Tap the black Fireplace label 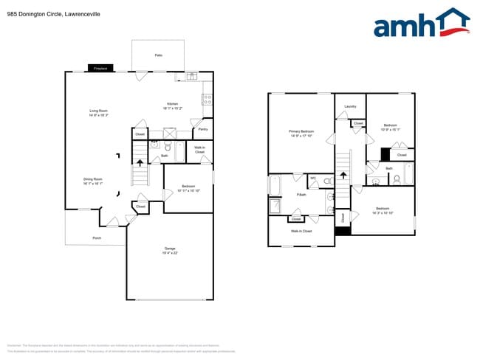100,69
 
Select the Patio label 158,55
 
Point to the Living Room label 98,113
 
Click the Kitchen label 172,105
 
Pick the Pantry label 202,129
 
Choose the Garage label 170,250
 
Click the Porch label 97,238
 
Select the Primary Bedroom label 301,133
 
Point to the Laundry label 350,107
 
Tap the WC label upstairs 313,178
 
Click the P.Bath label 301,195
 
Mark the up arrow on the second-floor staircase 343,176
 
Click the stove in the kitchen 208,98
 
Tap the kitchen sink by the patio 191,76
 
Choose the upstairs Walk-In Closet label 301,231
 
